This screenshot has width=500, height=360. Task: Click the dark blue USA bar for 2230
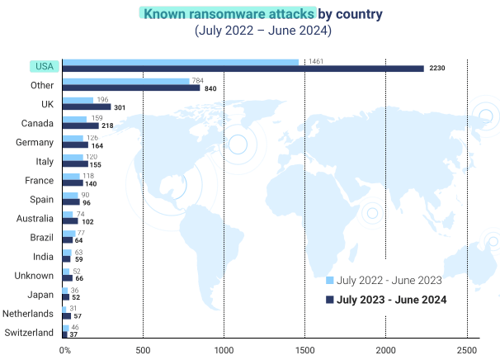pos(243,69)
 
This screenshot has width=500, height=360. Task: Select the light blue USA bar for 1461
pos(181,62)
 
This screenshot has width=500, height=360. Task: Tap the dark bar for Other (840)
pos(131,88)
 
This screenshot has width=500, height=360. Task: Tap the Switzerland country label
pos(29,333)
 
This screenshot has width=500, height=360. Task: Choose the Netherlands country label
pos(28,314)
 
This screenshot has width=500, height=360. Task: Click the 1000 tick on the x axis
pos(224,350)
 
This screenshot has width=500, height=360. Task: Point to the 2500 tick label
pos(467,350)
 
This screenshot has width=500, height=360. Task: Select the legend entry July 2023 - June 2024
pos(392,299)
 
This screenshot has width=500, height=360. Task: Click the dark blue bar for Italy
pos(75,163)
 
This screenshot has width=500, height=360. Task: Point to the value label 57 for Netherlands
pos(78,316)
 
